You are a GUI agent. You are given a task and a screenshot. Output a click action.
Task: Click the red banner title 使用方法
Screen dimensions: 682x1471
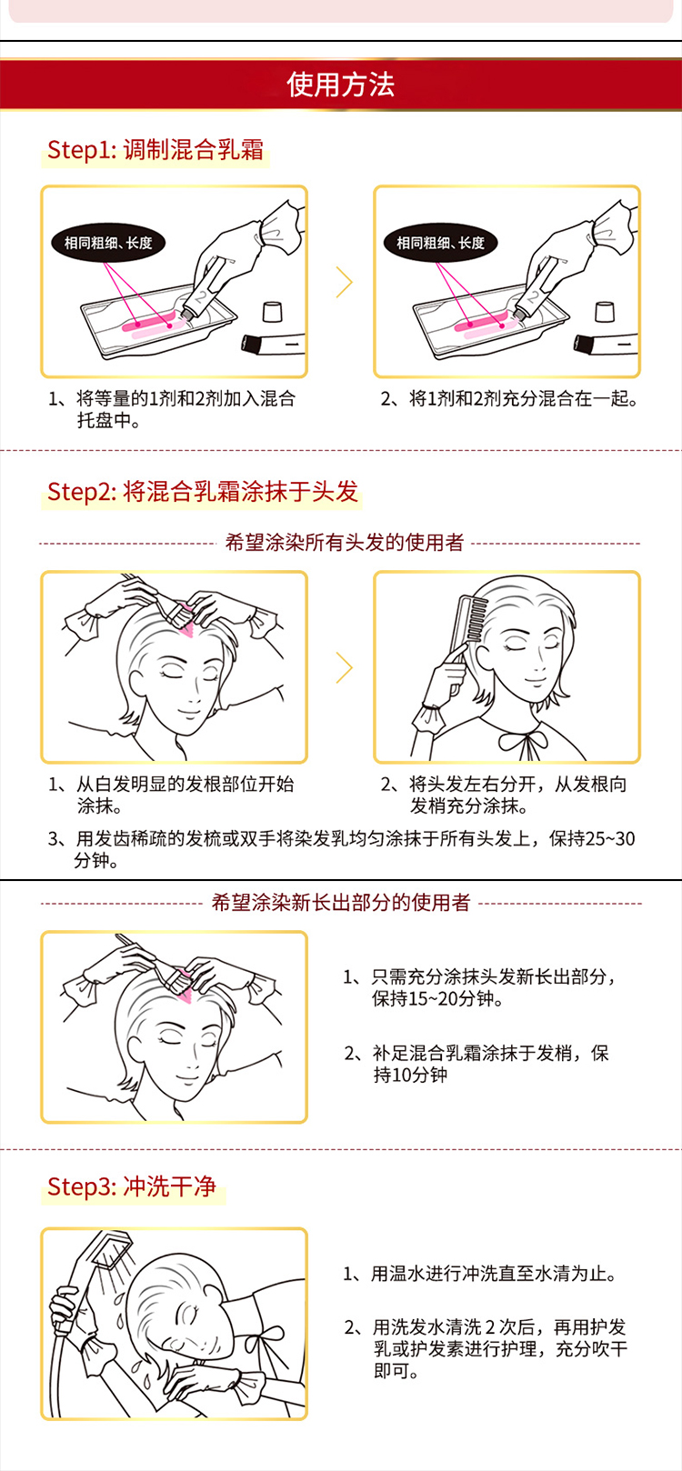coord(340,85)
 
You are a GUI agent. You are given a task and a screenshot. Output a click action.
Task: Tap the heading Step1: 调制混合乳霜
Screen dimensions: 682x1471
coord(155,150)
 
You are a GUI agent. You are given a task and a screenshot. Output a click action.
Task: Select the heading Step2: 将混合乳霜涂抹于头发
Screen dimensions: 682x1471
coord(203,491)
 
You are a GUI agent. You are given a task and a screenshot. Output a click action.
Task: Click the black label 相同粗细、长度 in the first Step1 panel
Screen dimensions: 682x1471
coord(107,243)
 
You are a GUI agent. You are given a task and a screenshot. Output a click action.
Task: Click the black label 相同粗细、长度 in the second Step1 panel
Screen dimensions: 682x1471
coord(440,243)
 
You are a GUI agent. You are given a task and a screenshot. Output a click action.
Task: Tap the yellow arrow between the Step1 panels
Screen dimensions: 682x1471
coord(345,283)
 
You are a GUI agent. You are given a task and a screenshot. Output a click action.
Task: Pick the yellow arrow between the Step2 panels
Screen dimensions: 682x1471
coord(345,668)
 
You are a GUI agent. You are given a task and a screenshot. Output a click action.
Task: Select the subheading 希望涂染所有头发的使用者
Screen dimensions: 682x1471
coord(345,543)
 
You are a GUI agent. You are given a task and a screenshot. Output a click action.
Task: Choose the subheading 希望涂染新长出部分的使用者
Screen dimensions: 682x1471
coord(341,902)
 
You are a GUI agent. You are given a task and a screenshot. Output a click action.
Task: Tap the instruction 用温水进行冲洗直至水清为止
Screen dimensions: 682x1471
coord(481,1274)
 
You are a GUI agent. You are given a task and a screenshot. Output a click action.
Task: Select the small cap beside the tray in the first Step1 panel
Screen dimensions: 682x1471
coord(272,311)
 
